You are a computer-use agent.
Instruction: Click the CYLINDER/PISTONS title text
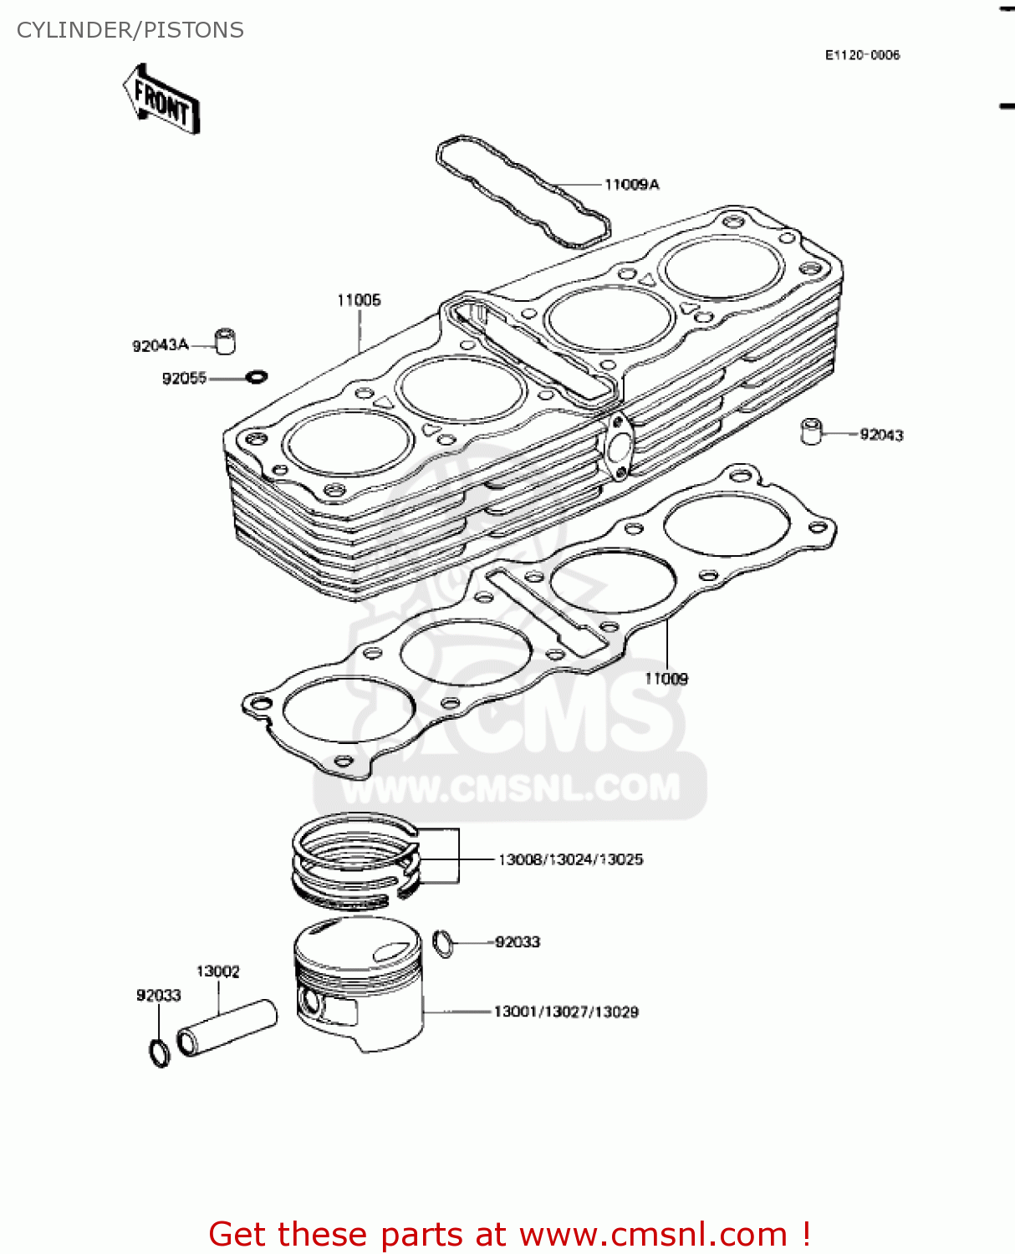pos(130,30)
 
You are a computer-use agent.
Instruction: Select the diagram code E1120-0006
pos(862,55)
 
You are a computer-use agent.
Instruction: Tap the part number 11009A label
pos(631,185)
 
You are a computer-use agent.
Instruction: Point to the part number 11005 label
pos(359,300)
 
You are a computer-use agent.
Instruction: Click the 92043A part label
pos(161,345)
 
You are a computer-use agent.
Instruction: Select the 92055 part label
pos(184,379)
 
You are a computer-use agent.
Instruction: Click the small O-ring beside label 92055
pos(257,378)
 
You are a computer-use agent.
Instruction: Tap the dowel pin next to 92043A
pos(225,340)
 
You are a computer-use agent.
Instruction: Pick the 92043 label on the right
pos(881,435)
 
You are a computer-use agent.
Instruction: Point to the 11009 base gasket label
pos(666,679)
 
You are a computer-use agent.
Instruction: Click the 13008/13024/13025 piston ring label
pos(570,859)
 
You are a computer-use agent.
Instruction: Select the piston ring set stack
pos(355,861)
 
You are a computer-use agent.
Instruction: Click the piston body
pos(360,982)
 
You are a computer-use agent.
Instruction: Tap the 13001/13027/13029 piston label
pos(566,1012)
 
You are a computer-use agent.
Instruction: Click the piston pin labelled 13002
pos(227,1027)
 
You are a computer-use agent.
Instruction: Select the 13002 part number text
pos(217,971)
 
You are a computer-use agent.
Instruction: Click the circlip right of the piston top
pos(444,943)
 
